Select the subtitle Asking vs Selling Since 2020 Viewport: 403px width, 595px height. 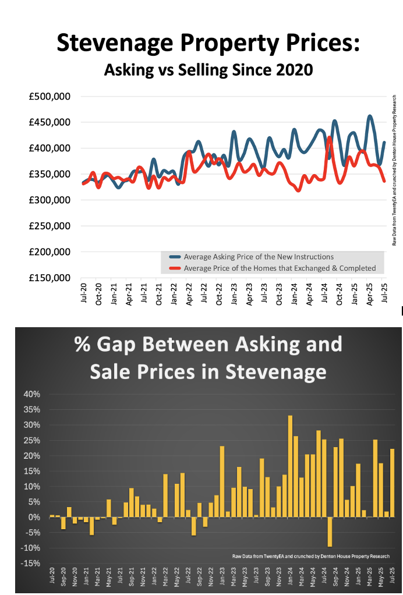(208, 70)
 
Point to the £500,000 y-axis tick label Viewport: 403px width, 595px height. (50, 97)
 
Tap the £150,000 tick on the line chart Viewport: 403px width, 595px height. (50, 278)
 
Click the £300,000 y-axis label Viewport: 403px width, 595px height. (50, 200)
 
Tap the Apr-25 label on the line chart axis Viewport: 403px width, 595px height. (369, 293)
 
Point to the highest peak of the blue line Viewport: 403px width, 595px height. (370, 116)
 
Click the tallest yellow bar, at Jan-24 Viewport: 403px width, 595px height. (290, 466)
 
